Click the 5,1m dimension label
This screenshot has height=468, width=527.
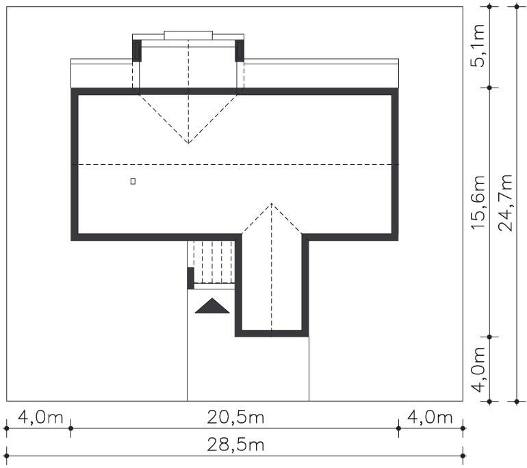pyautogui.click(x=478, y=45)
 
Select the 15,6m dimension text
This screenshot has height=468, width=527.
pyautogui.click(x=478, y=203)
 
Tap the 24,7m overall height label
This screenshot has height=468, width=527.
pyautogui.click(x=505, y=203)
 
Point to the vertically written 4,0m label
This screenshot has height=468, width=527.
pyautogui.click(x=478, y=369)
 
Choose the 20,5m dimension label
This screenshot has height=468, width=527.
pyautogui.click(x=235, y=417)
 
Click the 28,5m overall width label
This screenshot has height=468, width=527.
pyautogui.click(x=235, y=445)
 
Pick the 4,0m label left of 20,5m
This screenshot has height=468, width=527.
pyautogui.click(x=40, y=417)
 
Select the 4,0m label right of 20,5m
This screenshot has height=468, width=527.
pyautogui.click(x=430, y=417)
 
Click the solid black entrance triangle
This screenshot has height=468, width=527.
pyautogui.click(x=212, y=306)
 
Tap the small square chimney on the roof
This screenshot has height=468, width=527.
pyautogui.click(x=133, y=181)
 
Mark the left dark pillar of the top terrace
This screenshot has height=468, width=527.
pyautogui.click(x=137, y=51)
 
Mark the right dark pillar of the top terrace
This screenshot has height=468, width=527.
pyautogui.click(x=240, y=51)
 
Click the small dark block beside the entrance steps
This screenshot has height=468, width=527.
pyautogui.click(x=190, y=278)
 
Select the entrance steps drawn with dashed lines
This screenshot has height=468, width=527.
pyautogui.click(x=214, y=262)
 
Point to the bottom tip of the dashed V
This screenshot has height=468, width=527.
pyautogui.click(x=188, y=144)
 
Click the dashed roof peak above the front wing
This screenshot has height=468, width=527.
pyautogui.click(x=272, y=204)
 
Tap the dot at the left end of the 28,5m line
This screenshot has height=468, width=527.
pyautogui.click(x=6, y=456)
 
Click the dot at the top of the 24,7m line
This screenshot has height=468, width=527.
pyautogui.click(x=517, y=6)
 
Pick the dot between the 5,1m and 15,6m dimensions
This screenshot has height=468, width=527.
pyautogui.click(x=489, y=88)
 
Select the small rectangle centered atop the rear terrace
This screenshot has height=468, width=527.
pyautogui.click(x=188, y=36)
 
